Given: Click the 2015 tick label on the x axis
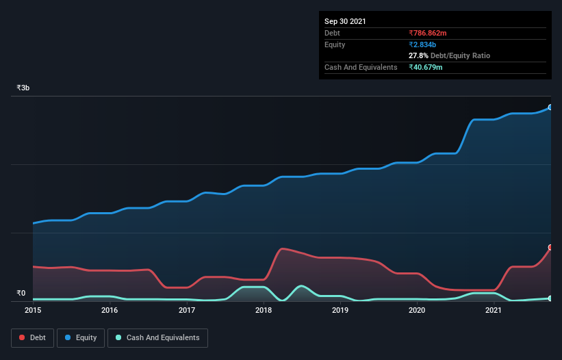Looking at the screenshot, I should pos(33,310).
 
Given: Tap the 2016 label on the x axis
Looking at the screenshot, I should pos(110,310).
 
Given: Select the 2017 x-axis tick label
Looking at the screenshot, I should pos(187,310).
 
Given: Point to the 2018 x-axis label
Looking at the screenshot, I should pos(264,310).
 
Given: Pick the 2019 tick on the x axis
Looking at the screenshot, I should pos(341,310).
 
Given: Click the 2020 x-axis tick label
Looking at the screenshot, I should pos(418,310).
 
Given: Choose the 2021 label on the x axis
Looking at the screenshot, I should pos(494,310).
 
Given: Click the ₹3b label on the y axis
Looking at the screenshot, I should pos(23,88).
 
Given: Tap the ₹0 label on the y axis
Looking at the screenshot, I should pos(21,294).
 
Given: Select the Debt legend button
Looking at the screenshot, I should pos(33,337).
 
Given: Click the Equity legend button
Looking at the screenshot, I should pos(81,337).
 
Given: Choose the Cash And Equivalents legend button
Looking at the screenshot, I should pos(157,337).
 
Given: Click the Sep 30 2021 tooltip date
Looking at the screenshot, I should pos(345,21).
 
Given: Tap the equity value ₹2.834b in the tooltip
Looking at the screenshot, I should pos(423,44).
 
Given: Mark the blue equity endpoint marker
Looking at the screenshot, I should pos(550,107).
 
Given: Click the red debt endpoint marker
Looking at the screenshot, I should pos(550,248).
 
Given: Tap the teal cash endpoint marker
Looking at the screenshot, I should pos(550,298).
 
